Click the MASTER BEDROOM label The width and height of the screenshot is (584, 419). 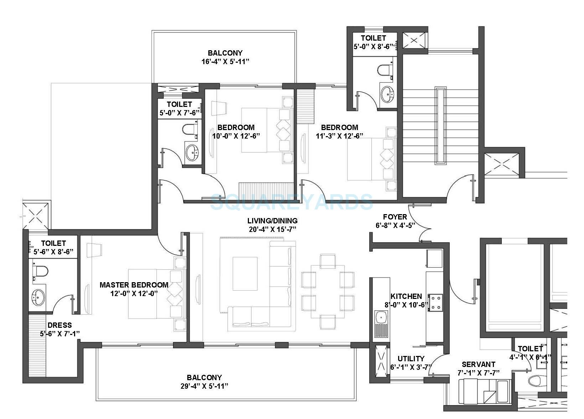pyautogui.click(x=134, y=285)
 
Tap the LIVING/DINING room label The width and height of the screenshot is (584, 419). pyautogui.click(x=273, y=221)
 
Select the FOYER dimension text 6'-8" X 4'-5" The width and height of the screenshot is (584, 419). pyautogui.click(x=395, y=226)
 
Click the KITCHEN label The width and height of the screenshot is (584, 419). pyautogui.click(x=406, y=296)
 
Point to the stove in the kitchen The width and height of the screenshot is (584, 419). pyautogui.click(x=436, y=302)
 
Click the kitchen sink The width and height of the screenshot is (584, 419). pyautogui.click(x=381, y=316)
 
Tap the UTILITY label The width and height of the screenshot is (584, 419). pyautogui.click(x=411, y=358)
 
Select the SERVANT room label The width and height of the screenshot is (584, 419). pyautogui.click(x=478, y=364)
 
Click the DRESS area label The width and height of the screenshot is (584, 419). pyautogui.click(x=59, y=325)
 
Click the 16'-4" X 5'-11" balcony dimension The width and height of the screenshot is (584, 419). pyautogui.click(x=225, y=61)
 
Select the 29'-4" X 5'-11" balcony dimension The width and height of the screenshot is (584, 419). pyautogui.click(x=204, y=386)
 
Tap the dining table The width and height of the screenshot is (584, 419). pyautogui.click(x=328, y=291)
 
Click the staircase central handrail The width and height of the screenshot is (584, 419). pyautogui.click(x=441, y=125)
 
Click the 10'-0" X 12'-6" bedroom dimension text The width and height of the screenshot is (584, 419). pyautogui.click(x=236, y=136)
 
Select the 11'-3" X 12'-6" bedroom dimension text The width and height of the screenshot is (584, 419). pyautogui.click(x=339, y=136)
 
